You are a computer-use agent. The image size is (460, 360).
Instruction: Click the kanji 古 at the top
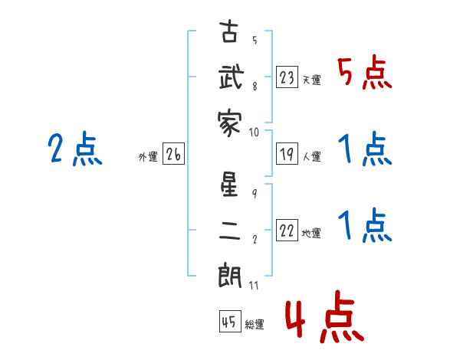[x=229, y=31]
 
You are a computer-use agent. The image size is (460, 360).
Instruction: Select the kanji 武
[x=232, y=77]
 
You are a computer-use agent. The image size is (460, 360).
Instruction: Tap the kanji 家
[x=230, y=123]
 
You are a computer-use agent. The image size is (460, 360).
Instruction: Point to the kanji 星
[x=229, y=184]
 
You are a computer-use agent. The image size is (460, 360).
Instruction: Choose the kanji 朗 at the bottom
[x=230, y=276]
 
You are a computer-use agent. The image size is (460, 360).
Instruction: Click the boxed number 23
[x=287, y=77]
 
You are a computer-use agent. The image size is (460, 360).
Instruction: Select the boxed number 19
[x=287, y=154]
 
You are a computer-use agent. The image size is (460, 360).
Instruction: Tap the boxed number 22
[x=287, y=231]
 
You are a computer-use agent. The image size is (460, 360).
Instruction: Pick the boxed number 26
[x=173, y=154]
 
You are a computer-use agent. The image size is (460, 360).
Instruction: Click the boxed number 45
[x=230, y=321]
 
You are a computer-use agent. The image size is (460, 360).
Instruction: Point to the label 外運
[x=148, y=157]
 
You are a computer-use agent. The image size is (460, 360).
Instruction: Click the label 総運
[x=255, y=324]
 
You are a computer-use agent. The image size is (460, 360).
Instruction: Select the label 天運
[x=312, y=80]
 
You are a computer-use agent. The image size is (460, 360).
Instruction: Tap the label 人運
[x=312, y=156]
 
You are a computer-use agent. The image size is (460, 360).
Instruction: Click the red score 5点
[x=365, y=73]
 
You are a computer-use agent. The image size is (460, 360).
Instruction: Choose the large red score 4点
[x=325, y=316]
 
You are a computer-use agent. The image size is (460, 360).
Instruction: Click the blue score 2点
[x=75, y=149]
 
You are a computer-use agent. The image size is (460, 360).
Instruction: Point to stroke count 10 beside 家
[x=254, y=133]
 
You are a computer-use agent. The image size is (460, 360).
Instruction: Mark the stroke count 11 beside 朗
[x=254, y=285]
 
